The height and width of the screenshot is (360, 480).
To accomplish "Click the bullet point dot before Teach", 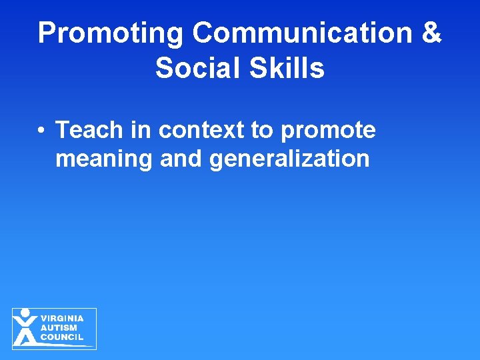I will pos(41,131).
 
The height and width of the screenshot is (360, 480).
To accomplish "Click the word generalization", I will pos(289,159).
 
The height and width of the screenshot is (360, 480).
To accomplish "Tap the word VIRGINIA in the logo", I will pos(62,318).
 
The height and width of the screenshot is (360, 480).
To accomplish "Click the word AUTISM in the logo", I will pos(59,327).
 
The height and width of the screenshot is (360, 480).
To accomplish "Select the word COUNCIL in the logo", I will pos(62,337).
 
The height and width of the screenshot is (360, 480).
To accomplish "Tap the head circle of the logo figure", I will pos(25,313).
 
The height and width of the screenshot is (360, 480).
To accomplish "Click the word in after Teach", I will pos(141,130).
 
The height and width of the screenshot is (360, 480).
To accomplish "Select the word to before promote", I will pos(262,130).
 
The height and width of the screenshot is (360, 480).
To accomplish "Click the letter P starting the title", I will pos(47,33).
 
